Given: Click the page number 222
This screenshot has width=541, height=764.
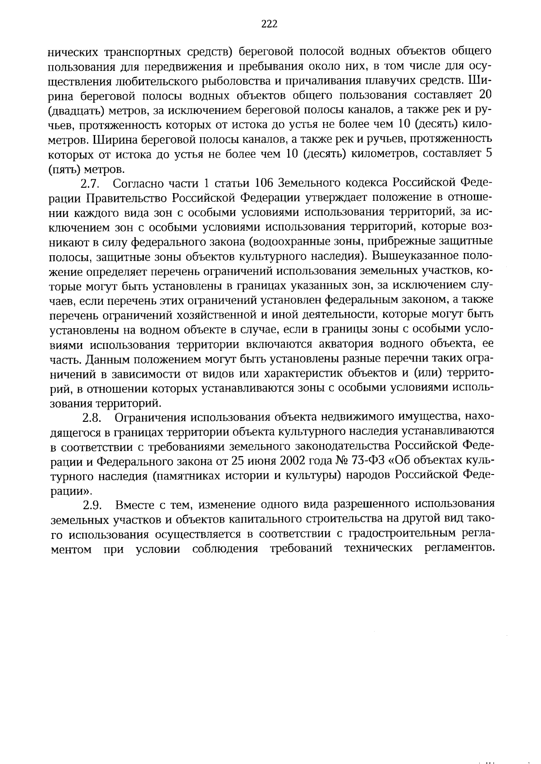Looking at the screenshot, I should (x=269, y=24).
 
